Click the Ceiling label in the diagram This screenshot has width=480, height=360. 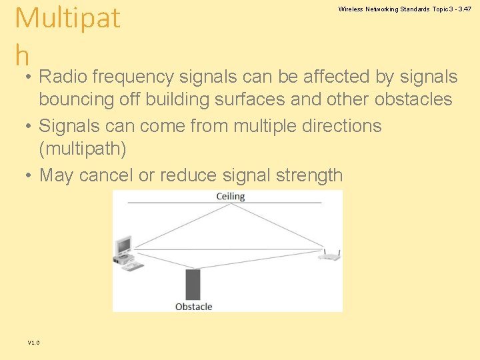click(231, 197)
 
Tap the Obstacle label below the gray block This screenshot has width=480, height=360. click(193, 307)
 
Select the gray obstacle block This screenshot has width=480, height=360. click(193, 285)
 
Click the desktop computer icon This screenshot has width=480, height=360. click(127, 253)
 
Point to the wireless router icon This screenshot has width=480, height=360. click(329, 255)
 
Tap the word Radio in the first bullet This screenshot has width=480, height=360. click(66, 77)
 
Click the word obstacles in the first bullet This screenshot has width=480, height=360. click(413, 99)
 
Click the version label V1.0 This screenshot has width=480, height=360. click(33, 342)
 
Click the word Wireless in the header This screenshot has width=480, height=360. click(350, 9)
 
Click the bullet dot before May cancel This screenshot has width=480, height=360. click(28, 175)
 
